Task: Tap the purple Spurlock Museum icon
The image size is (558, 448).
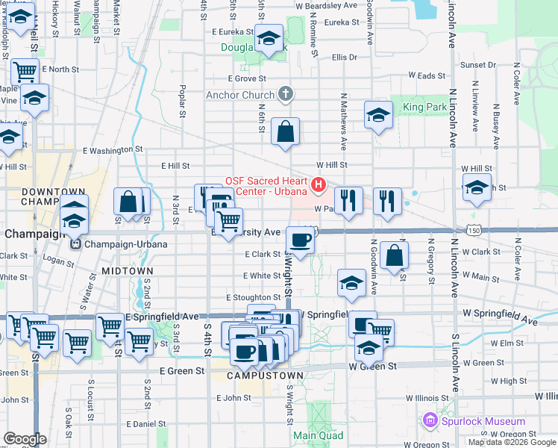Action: pos(430,422)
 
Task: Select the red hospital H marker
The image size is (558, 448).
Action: pos(319,184)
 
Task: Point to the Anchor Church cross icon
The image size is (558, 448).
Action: pos(283,95)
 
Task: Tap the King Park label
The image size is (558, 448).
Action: pos(424,108)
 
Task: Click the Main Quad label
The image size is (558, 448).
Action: pos(318,435)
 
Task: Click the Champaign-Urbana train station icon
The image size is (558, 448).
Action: pos(75,244)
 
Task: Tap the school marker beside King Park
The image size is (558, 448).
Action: pos(378,115)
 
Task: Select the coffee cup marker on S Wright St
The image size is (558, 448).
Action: pos(300,240)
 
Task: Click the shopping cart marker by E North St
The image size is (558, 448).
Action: pos(25,72)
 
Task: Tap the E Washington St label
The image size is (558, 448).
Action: pos(113,150)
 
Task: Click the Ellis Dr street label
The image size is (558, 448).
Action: pos(345,57)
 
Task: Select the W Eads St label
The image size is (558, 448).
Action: pos(427,76)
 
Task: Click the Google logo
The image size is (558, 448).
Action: pos(25,439)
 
